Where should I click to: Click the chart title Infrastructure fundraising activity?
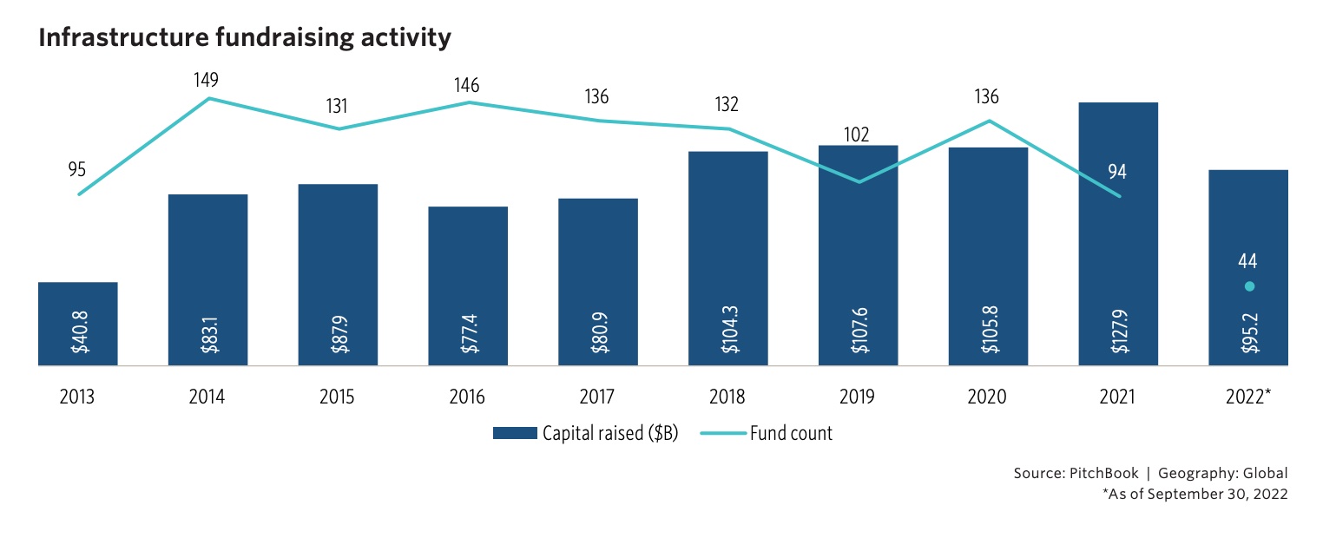tap(245, 38)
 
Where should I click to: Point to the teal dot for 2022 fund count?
tap(1248, 286)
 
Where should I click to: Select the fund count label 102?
tap(855, 134)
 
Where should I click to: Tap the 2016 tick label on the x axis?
tap(467, 397)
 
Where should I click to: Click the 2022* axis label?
tap(1248, 397)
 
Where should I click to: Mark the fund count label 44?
tap(1248, 261)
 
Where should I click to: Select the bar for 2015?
tap(338, 278)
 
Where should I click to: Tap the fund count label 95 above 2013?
tap(76, 168)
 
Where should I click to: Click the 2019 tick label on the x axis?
tap(858, 397)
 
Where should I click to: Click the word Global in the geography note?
tap(1266, 474)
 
